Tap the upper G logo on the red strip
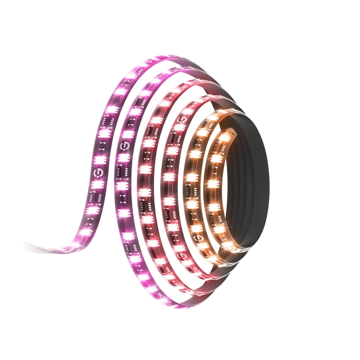[x=184, y=120]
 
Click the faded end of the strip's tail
[x=28, y=245]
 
